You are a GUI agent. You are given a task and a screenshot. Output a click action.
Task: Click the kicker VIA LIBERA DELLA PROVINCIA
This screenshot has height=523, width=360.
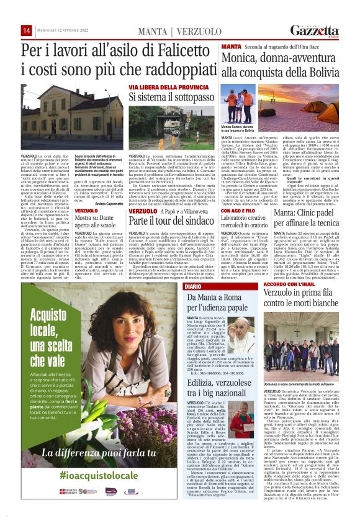pos(160,88)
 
